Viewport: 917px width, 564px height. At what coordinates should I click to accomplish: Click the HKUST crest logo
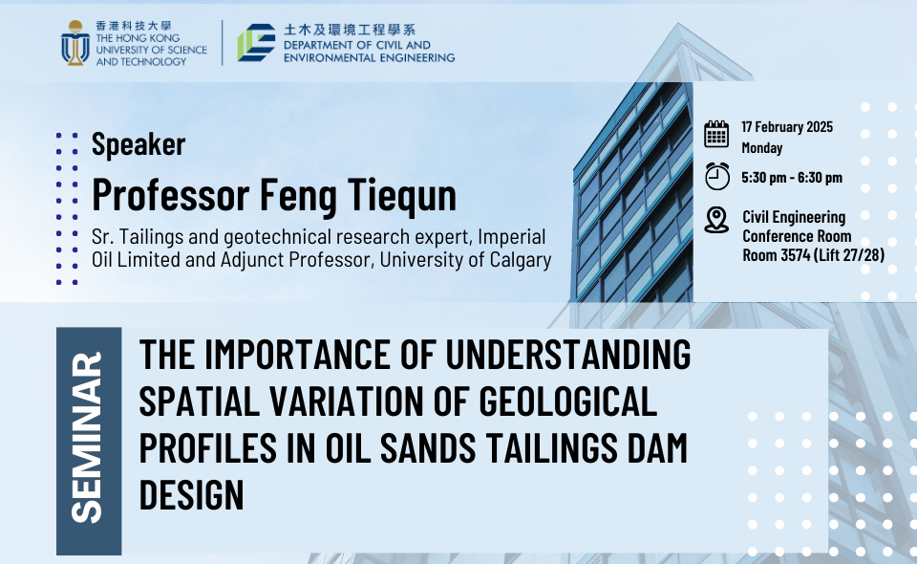(75, 43)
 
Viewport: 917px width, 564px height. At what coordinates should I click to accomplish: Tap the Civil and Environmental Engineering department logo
(256, 43)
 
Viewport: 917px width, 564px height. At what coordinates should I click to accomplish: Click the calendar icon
(716, 134)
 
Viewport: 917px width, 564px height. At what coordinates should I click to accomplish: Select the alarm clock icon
(717, 176)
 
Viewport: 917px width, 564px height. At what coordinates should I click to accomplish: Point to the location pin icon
(716, 220)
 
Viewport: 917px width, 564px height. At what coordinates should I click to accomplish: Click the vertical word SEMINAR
(87, 437)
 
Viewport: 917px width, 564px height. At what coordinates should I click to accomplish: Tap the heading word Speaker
(139, 144)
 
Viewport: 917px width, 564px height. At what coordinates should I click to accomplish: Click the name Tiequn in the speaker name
(402, 195)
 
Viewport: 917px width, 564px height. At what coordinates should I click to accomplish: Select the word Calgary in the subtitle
(521, 260)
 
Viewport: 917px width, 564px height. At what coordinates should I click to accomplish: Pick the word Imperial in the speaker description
(512, 237)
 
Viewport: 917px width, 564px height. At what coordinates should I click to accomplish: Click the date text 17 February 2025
(787, 127)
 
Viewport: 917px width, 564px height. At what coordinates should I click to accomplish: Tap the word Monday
(762, 148)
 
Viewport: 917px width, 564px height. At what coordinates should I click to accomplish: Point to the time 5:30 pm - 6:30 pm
(792, 177)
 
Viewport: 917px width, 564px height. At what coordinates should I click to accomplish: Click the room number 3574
(796, 255)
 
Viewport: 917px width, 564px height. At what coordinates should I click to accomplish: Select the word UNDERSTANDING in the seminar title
(567, 354)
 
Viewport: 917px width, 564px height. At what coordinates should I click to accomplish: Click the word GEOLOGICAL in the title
(567, 401)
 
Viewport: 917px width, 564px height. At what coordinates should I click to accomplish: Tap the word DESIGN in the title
(191, 495)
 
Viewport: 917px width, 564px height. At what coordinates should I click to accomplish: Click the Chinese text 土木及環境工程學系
(350, 30)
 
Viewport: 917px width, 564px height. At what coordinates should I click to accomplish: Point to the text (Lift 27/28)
(848, 255)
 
